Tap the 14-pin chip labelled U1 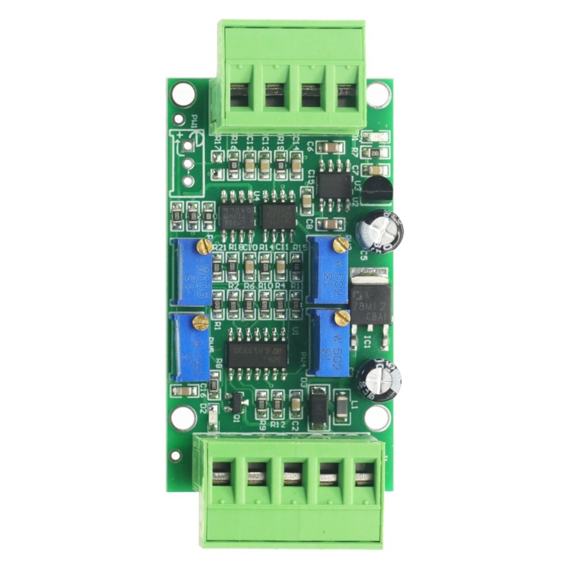click(x=257, y=353)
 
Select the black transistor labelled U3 click(x=377, y=190)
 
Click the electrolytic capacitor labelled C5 click(x=380, y=230)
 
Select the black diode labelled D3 click(x=319, y=407)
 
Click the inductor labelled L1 click(x=342, y=406)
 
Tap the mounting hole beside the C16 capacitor click(x=183, y=418)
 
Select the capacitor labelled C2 click(x=296, y=403)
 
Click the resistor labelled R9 click(x=262, y=403)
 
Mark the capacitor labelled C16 click(x=184, y=391)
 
